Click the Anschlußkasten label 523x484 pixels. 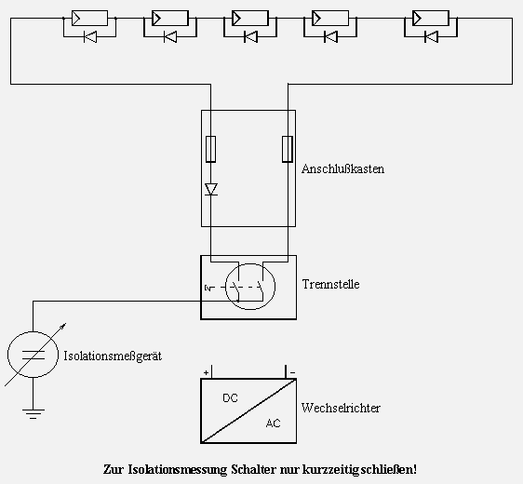(x=342, y=168)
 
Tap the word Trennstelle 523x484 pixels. (x=331, y=284)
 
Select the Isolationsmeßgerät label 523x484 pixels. (x=113, y=356)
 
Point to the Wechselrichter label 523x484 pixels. (x=341, y=408)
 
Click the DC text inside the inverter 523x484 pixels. (x=230, y=398)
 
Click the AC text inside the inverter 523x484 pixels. (x=274, y=423)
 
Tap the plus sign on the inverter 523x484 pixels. (x=207, y=372)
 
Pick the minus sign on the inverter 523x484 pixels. (x=293, y=372)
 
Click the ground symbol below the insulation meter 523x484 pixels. (x=33, y=413)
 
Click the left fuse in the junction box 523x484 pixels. (x=210, y=149)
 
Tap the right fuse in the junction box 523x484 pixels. (x=288, y=149)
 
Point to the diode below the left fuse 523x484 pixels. (x=211, y=190)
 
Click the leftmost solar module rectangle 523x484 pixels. (x=89, y=18)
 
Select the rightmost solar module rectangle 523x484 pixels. (x=431, y=18)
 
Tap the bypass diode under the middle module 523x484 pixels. (x=250, y=36)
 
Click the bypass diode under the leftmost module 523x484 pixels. (x=90, y=36)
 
